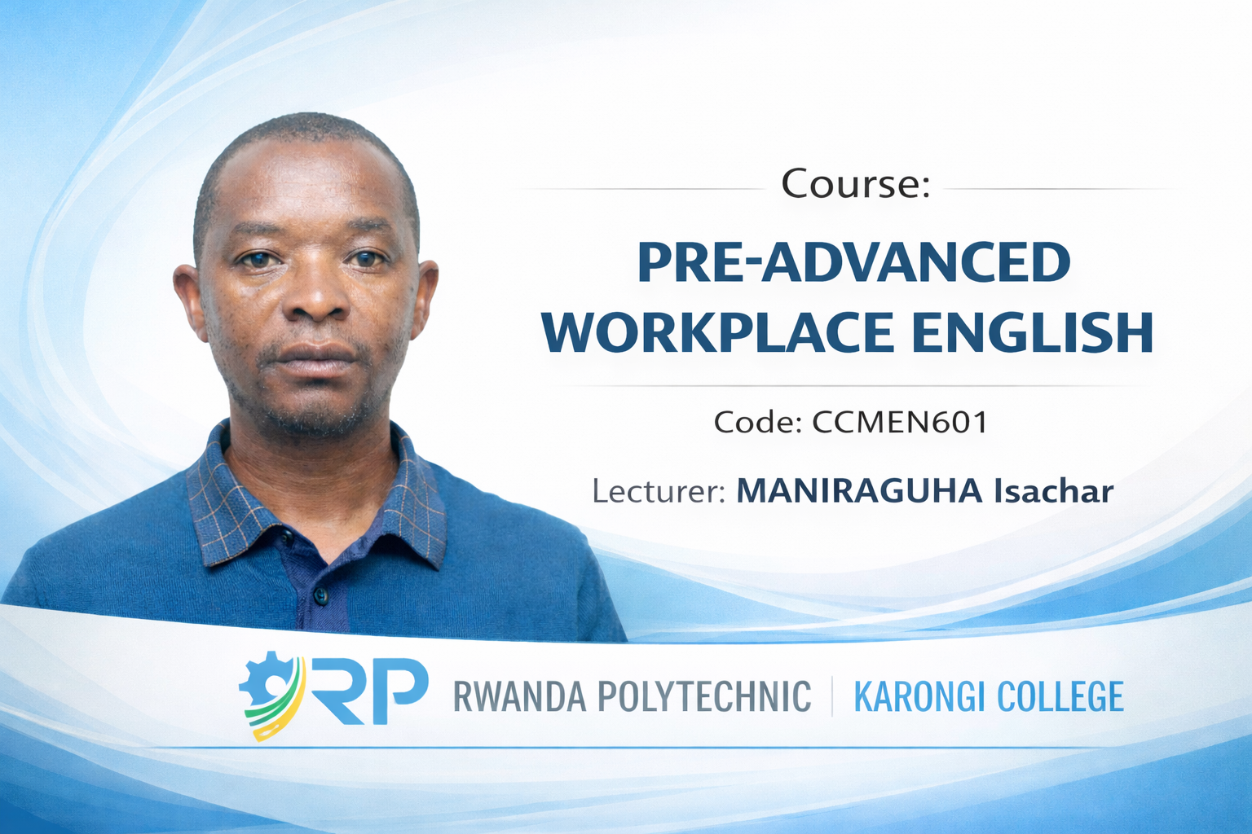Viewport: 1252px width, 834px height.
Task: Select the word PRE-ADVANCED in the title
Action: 854,263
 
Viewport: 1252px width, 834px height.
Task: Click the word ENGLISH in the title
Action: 1033,332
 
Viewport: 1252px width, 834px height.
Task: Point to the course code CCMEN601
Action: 900,423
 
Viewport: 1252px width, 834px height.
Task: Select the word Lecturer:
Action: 659,492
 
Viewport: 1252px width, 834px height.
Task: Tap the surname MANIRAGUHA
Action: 860,492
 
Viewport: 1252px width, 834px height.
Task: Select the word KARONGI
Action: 919,696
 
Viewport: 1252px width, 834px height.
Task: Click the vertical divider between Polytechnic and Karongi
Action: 832,696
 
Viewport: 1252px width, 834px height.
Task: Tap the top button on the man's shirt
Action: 287,538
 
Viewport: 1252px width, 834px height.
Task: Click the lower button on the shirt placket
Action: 321,595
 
